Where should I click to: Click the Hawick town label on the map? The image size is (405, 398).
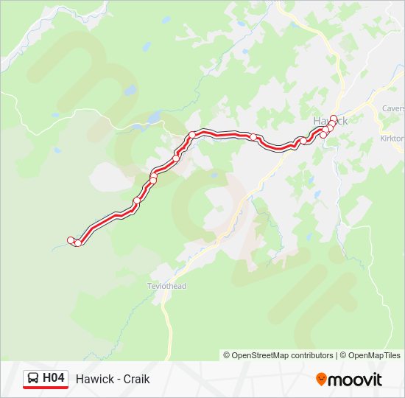329,120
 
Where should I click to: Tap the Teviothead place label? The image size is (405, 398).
167,286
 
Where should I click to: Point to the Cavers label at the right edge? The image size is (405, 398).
393,108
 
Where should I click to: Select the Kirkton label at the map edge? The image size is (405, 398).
392,139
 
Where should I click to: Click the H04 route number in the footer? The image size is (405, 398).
54,378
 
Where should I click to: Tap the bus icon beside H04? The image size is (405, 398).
33,379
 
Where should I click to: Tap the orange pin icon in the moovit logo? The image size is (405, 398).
321,379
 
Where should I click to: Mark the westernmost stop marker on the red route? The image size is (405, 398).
71,240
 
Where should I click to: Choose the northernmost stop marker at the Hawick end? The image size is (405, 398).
334,118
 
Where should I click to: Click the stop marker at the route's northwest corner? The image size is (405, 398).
192,135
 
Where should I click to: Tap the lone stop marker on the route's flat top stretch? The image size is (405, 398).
253,137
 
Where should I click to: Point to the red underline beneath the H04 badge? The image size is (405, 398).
45,388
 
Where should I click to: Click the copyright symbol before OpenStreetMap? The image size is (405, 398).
227,355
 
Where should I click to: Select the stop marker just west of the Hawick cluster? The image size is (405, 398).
303,140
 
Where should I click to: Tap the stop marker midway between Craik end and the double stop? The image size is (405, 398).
137,200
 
